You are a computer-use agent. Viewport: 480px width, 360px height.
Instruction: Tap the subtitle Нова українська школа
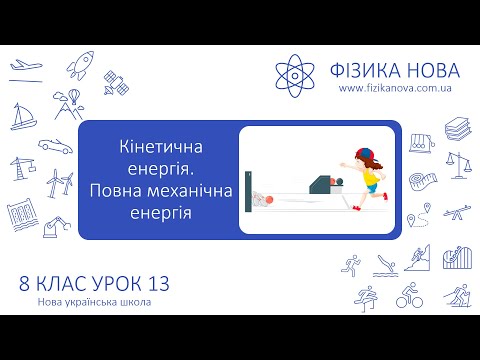[x=96, y=303]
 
